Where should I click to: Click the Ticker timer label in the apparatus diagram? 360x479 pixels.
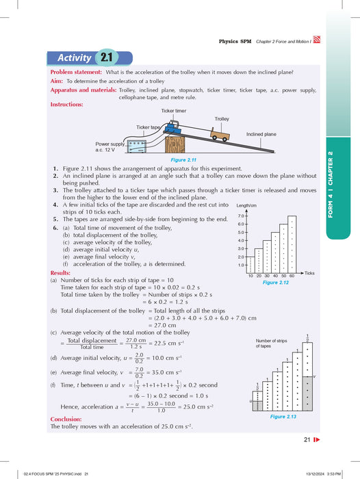[x=174, y=110]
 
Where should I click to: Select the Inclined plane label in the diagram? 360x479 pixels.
[x=261, y=135]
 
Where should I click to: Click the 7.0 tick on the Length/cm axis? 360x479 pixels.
[x=241, y=216]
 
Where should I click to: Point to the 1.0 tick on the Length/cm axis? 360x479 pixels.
[x=241, y=265]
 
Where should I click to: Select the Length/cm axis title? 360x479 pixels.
[x=246, y=205]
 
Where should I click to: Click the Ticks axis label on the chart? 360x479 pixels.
[x=309, y=272]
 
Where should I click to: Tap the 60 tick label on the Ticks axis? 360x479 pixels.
[x=292, y=276]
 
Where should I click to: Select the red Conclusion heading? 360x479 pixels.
[x=67, y=419]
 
